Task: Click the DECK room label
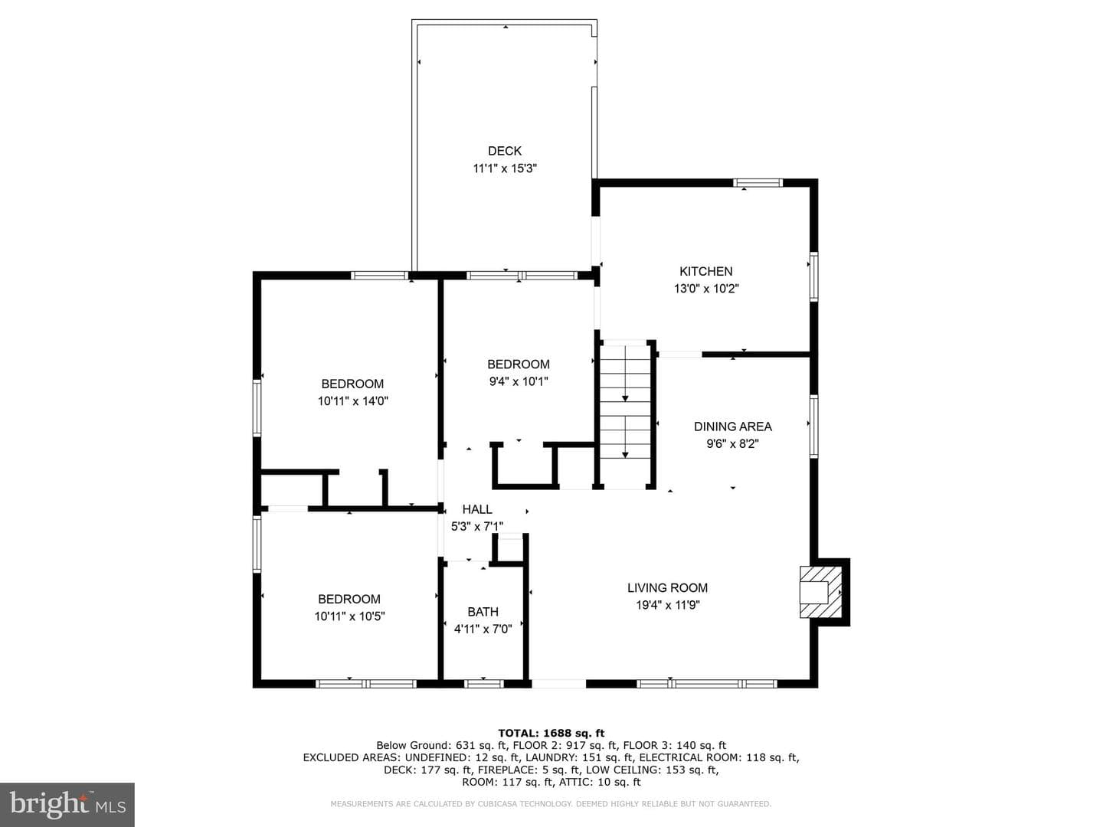pyautogui.click(x=505, y=151)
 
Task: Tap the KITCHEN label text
pyautogui.click(x=706, y=271)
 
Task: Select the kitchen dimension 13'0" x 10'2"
pyautogui.click(x=706, y=289)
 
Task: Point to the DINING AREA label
pyautogui.click(x=733, y=427)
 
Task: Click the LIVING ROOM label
pyautogui.click(x=667, y=587)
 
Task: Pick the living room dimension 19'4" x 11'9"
pyautogui.click(x=668, y=605)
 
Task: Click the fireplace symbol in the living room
pyautogui.click(x=820, y=592)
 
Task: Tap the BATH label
pyautogui.click(x=483, y=612)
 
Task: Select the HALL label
pyautogui.click(x=477, y=509)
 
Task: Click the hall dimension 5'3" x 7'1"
pyautogui.click(x=477, y=527)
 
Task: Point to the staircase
pyautogui.click(x=625, y=415)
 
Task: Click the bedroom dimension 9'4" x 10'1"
pyautogui.click(x=519, y=381)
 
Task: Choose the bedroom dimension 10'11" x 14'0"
pyautogui.click(x=353, y=401)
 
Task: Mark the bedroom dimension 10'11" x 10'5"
pyautogui.click(x=349, y=616)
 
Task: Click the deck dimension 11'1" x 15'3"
pyautogui.click(x=505, y=168)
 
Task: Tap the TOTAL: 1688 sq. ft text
pyautogui.click(x=551, y=733)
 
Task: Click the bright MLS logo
pyautogui.click(x=67, y=805)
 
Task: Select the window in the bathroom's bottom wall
pyautogui.click(x=483, y=683)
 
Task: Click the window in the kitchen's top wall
pyautogui.click(x=758, y=183)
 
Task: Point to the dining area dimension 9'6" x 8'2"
pyautogui.click(x=733, y=444)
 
